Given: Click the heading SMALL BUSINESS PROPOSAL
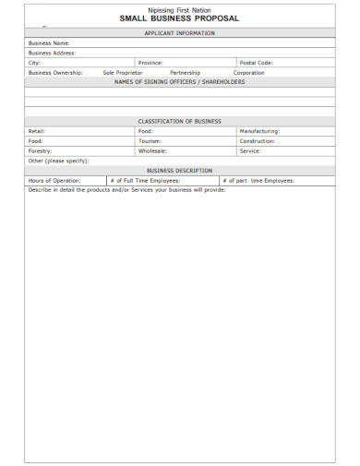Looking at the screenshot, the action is [179, 18].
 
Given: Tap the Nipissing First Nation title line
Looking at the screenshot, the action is [179, 10].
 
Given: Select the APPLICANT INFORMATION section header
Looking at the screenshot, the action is [179, 33].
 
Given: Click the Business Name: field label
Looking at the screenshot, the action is [49, 43].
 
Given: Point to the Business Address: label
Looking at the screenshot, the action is [52, 53].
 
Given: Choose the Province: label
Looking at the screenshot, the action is [150, 63].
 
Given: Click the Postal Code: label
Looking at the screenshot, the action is [256, 63].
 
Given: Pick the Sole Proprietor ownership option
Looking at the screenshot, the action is [123, 72].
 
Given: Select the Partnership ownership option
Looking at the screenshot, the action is [185, 72].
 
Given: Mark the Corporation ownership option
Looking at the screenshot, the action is [248, 72].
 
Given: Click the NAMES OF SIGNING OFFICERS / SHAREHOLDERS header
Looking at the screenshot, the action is [179, 81].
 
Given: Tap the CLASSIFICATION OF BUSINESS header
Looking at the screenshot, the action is [179, 121].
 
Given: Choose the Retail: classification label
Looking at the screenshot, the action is [37, 131].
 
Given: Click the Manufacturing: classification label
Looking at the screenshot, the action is [259, 131].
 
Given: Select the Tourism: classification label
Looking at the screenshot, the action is [150, 140].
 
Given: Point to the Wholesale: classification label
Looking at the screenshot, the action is [152, 149].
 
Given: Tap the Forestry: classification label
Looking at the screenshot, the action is [41, 149].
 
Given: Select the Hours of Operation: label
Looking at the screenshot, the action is [54, 180].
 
